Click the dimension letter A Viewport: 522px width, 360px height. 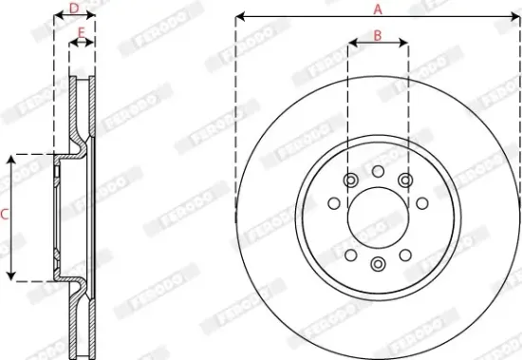click(x=377, y=9)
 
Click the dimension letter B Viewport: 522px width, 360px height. click(x=377, y=35)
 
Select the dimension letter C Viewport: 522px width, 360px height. click(x=5, y=216)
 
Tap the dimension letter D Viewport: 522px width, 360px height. click(x=74, y=9)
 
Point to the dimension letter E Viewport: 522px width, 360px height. click(x=82, y=33)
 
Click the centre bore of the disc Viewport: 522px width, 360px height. click(x=377, y=215)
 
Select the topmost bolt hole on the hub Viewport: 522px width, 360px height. click(x=377, y=171)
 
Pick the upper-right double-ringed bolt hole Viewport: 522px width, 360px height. click(x=406, y=180)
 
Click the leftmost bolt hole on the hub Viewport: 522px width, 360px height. click(x=333, y=202)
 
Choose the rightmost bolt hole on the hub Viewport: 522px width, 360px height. click(x=420, y=202)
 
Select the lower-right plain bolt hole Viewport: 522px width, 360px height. click(x=405, y=254)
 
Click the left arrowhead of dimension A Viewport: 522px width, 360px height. click(x=238, y=17)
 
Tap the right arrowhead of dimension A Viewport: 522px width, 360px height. click(x=517, y=17)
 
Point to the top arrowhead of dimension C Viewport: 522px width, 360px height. click(x=12, y=158)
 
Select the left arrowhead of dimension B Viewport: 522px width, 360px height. click(x=351, y=44)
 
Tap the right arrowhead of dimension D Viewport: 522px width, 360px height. click(x=93, y=17)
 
